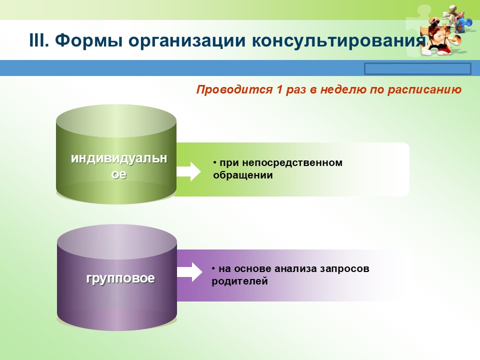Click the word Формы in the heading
click(x=86, y=40)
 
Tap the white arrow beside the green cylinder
click(x=188, y=171)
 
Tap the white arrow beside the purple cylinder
click(x=189, y=273)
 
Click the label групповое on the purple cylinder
click(x=120, y=278)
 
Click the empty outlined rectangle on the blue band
click(x=417, y=68)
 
